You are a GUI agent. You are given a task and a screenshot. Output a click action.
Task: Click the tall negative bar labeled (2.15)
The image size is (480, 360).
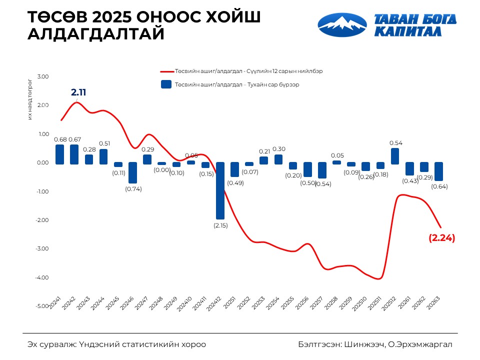click(220, 190)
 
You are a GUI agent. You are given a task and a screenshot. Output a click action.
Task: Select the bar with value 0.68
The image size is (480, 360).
click(60, 154)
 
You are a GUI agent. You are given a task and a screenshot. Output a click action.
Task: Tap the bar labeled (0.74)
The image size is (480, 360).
click(132, 172)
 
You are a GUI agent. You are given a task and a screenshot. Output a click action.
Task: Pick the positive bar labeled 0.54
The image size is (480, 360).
click(395, 155)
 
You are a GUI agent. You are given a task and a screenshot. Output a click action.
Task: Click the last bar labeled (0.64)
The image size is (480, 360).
click(438, 171)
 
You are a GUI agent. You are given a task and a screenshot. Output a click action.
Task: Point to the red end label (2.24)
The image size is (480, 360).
click(442, 238)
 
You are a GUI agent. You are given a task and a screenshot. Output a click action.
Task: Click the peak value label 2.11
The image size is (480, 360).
click(78, 92)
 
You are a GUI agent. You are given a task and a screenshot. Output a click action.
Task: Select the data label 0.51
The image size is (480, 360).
click(104, 143)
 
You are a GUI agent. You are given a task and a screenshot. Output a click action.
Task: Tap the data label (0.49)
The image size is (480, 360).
click(235, 182)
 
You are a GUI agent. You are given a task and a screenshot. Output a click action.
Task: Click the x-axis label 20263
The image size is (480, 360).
click(433, 301)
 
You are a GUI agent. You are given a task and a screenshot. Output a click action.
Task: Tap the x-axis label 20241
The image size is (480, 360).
click(54, 301)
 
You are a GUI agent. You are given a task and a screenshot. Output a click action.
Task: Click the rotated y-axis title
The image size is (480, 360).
click(30, 99)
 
